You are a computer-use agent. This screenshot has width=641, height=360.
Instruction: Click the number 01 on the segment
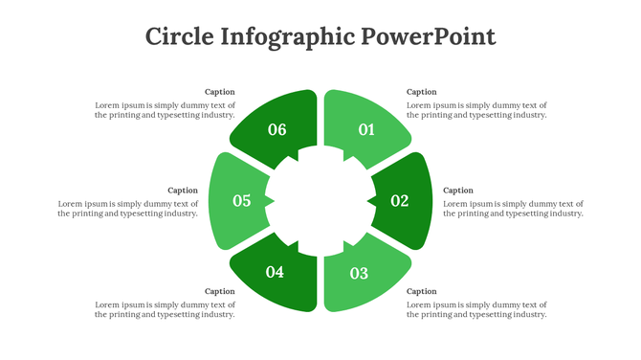coord(366,129)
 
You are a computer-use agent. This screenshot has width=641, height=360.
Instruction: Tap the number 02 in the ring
coord(400,201)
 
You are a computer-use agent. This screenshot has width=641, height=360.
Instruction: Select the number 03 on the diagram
coord(359,274)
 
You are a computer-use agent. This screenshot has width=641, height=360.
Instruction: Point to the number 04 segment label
coord(275,273)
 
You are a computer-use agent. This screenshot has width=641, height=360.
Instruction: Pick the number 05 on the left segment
coord(241,201)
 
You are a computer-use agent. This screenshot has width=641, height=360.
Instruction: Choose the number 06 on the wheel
coord(277,129)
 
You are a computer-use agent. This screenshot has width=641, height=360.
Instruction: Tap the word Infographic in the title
coord(287,36)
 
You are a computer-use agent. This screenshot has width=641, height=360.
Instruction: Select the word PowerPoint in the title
coord(429,36)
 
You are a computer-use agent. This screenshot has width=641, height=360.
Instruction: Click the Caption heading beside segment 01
coord(422,92)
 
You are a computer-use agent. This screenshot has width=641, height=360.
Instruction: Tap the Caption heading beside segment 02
coord(458,191)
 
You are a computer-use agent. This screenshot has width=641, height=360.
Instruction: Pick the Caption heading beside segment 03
coord(422,291)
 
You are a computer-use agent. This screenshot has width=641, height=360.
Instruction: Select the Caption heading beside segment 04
coord(219,291)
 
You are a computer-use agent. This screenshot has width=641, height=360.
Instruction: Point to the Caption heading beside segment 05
coord(183,191)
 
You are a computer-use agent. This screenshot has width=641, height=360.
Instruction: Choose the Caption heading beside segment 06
coord(219,92)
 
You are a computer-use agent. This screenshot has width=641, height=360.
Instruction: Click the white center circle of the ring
coord(320,201)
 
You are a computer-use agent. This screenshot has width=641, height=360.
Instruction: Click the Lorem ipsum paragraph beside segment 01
coord(476,110)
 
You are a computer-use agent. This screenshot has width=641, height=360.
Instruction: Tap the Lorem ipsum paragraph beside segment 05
coord(128,209)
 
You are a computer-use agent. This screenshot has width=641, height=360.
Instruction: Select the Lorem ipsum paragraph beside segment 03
coord(476,309)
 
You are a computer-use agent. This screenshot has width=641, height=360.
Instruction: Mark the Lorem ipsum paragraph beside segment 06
coord(165,110)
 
